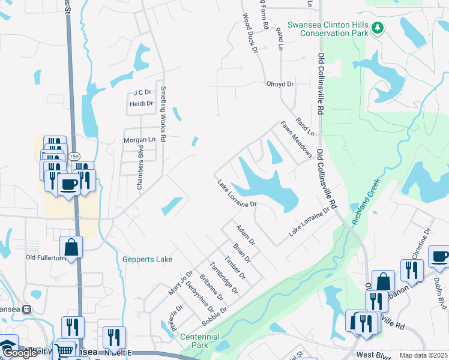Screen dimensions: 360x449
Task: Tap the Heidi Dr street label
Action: pos(141,104)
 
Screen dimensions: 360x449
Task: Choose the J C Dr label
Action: pos(141,92)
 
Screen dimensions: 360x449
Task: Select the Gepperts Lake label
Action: pos(147,259)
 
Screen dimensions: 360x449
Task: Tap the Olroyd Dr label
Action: pos(280,85)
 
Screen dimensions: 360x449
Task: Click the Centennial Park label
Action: pos(200,341)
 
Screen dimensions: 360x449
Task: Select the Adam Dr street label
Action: pos(246,235)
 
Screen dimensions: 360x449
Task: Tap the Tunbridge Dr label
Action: pos(224,278)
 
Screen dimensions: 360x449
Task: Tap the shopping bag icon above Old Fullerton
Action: pos(71,247)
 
